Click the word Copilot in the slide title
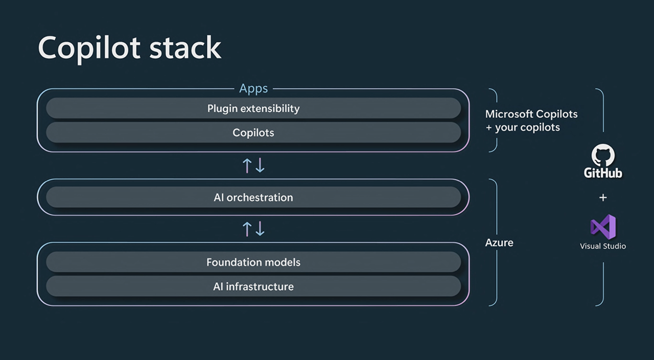tap(89, 48)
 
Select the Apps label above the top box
tap(253, 88)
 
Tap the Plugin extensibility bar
tap(253, 108)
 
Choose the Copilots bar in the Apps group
tap(253, 132)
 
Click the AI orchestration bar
tap(253, 197)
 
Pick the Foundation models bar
tap(253, 262)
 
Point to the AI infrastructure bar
tap(253, 286)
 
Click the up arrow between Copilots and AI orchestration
tap(247, 165)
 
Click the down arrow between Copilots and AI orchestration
tap(260, 165)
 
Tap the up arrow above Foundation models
tap(247, 229)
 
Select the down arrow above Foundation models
tap(260, 229)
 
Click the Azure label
tap(499, 243)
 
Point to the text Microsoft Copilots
tap(531, 114)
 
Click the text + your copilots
tap(523, 127)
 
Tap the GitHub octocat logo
tap(603, 155)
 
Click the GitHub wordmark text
tap(603, 173)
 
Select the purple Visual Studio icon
tap(603, 227)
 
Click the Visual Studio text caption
tap(603, 246)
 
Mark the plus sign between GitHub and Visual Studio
tap(603, 197)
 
